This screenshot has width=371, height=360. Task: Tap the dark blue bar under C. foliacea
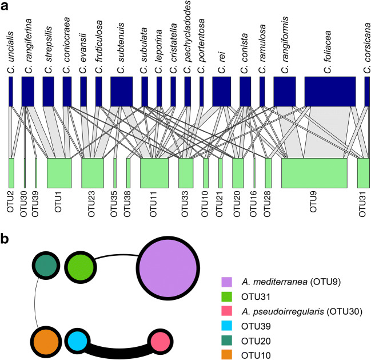point(330,90)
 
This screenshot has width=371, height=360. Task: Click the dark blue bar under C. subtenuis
point(121,90)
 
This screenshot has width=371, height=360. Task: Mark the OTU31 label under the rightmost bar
point(361,204)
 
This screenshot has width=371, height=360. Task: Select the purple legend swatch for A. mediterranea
point(228,282)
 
